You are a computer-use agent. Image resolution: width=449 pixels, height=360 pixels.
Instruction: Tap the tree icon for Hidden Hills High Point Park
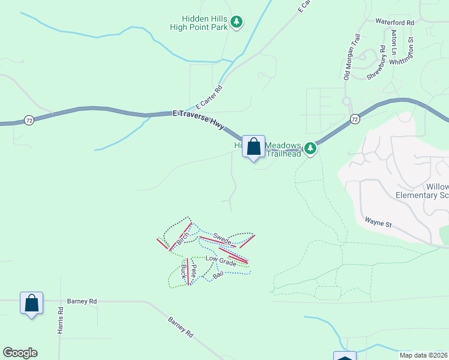[x=237, y=22]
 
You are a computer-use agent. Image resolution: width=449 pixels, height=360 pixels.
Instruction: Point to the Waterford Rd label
[x=395, y=22]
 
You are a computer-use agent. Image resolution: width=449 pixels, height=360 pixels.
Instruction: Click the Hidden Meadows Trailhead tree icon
[x=310, y=148]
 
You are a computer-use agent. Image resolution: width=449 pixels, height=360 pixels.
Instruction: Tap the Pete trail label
[x=194, y=271]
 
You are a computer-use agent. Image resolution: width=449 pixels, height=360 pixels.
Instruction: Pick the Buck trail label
[x=182, y=273]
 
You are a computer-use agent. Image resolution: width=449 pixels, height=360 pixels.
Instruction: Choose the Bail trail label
[x=218, y=274]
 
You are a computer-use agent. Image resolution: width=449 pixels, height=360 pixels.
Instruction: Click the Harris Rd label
[x=60, y=321]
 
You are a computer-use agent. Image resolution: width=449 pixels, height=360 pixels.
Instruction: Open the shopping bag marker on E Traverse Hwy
[x=253, y=147]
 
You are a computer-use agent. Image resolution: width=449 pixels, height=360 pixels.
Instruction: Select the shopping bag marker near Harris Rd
[x=32, y=303]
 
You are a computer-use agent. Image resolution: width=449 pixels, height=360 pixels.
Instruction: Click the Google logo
[x=20, y=353]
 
